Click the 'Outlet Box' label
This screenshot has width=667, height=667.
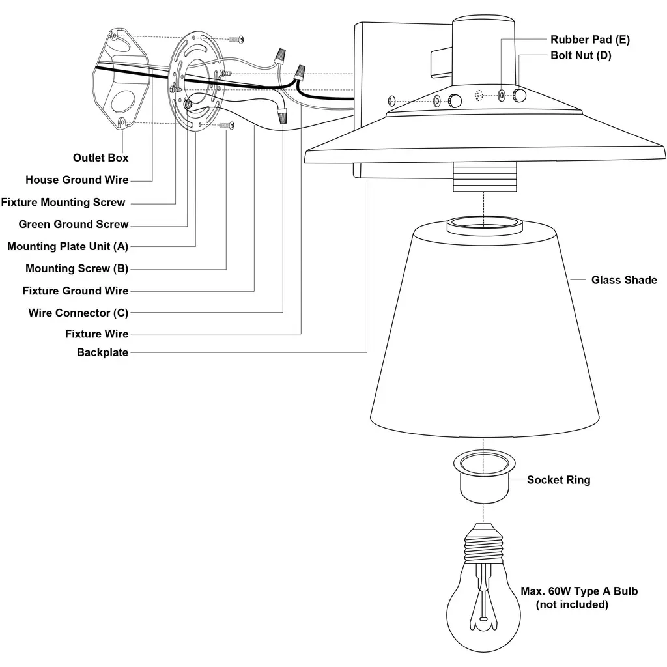[100, 158]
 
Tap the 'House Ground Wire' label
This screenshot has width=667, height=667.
[77, 180]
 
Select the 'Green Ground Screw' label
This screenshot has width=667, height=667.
[74, 225]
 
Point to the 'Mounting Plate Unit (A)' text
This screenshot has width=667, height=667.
[68, 247]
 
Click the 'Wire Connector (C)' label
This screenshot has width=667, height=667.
[78, 313]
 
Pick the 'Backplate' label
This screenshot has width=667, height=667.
[102, 353]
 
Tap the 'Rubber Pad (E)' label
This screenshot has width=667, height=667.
[589, 40]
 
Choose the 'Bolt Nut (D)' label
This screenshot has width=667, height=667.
[581, 55]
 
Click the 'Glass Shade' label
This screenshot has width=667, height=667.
[624, 280]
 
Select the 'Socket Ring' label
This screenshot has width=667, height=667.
[558, 480]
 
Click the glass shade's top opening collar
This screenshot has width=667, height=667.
[485, 226]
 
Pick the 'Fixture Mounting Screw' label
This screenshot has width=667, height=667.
[63, 203]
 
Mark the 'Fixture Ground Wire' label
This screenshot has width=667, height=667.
[76, 291]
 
